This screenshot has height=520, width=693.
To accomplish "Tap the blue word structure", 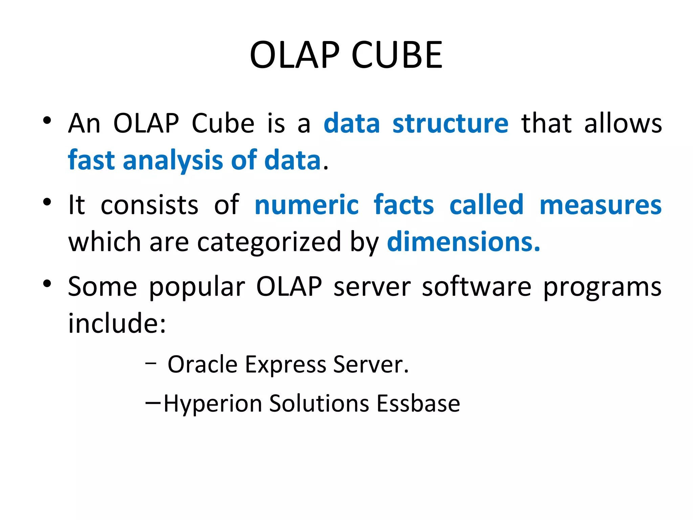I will pos(450,124).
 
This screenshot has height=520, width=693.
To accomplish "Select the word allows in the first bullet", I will pos(623,124).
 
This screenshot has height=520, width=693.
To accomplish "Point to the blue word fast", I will pos(91,160).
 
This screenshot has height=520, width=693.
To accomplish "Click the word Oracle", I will pos(202,365).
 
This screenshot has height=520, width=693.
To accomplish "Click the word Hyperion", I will pos(213,404).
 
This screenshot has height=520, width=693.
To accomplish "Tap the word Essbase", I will pos(418,404).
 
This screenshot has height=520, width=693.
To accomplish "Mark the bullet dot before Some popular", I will pos(47,284).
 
